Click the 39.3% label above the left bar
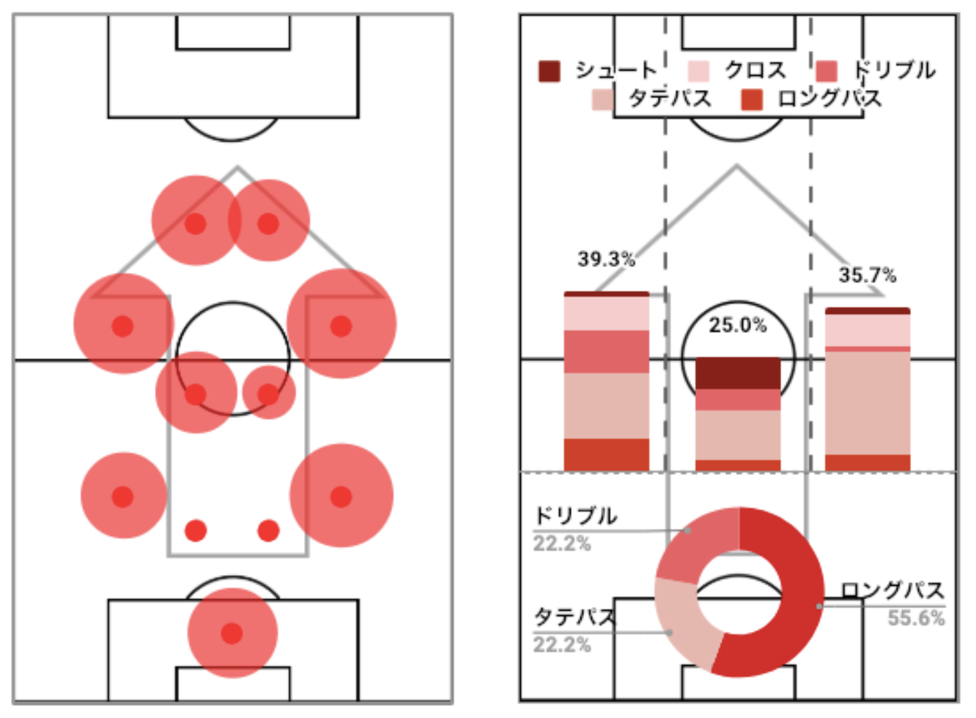[x=606, y=259]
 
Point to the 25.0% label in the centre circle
[x=737, y=325]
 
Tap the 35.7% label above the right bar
[x=867, y=275]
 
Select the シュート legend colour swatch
[x=549, y=71]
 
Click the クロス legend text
[x=756, y=70]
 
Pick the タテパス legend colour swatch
[x=603, y=99]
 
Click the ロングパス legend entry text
[x=830, y=99]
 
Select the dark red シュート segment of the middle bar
[x=738, y=373]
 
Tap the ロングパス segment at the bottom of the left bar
[x=607, y=455]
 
